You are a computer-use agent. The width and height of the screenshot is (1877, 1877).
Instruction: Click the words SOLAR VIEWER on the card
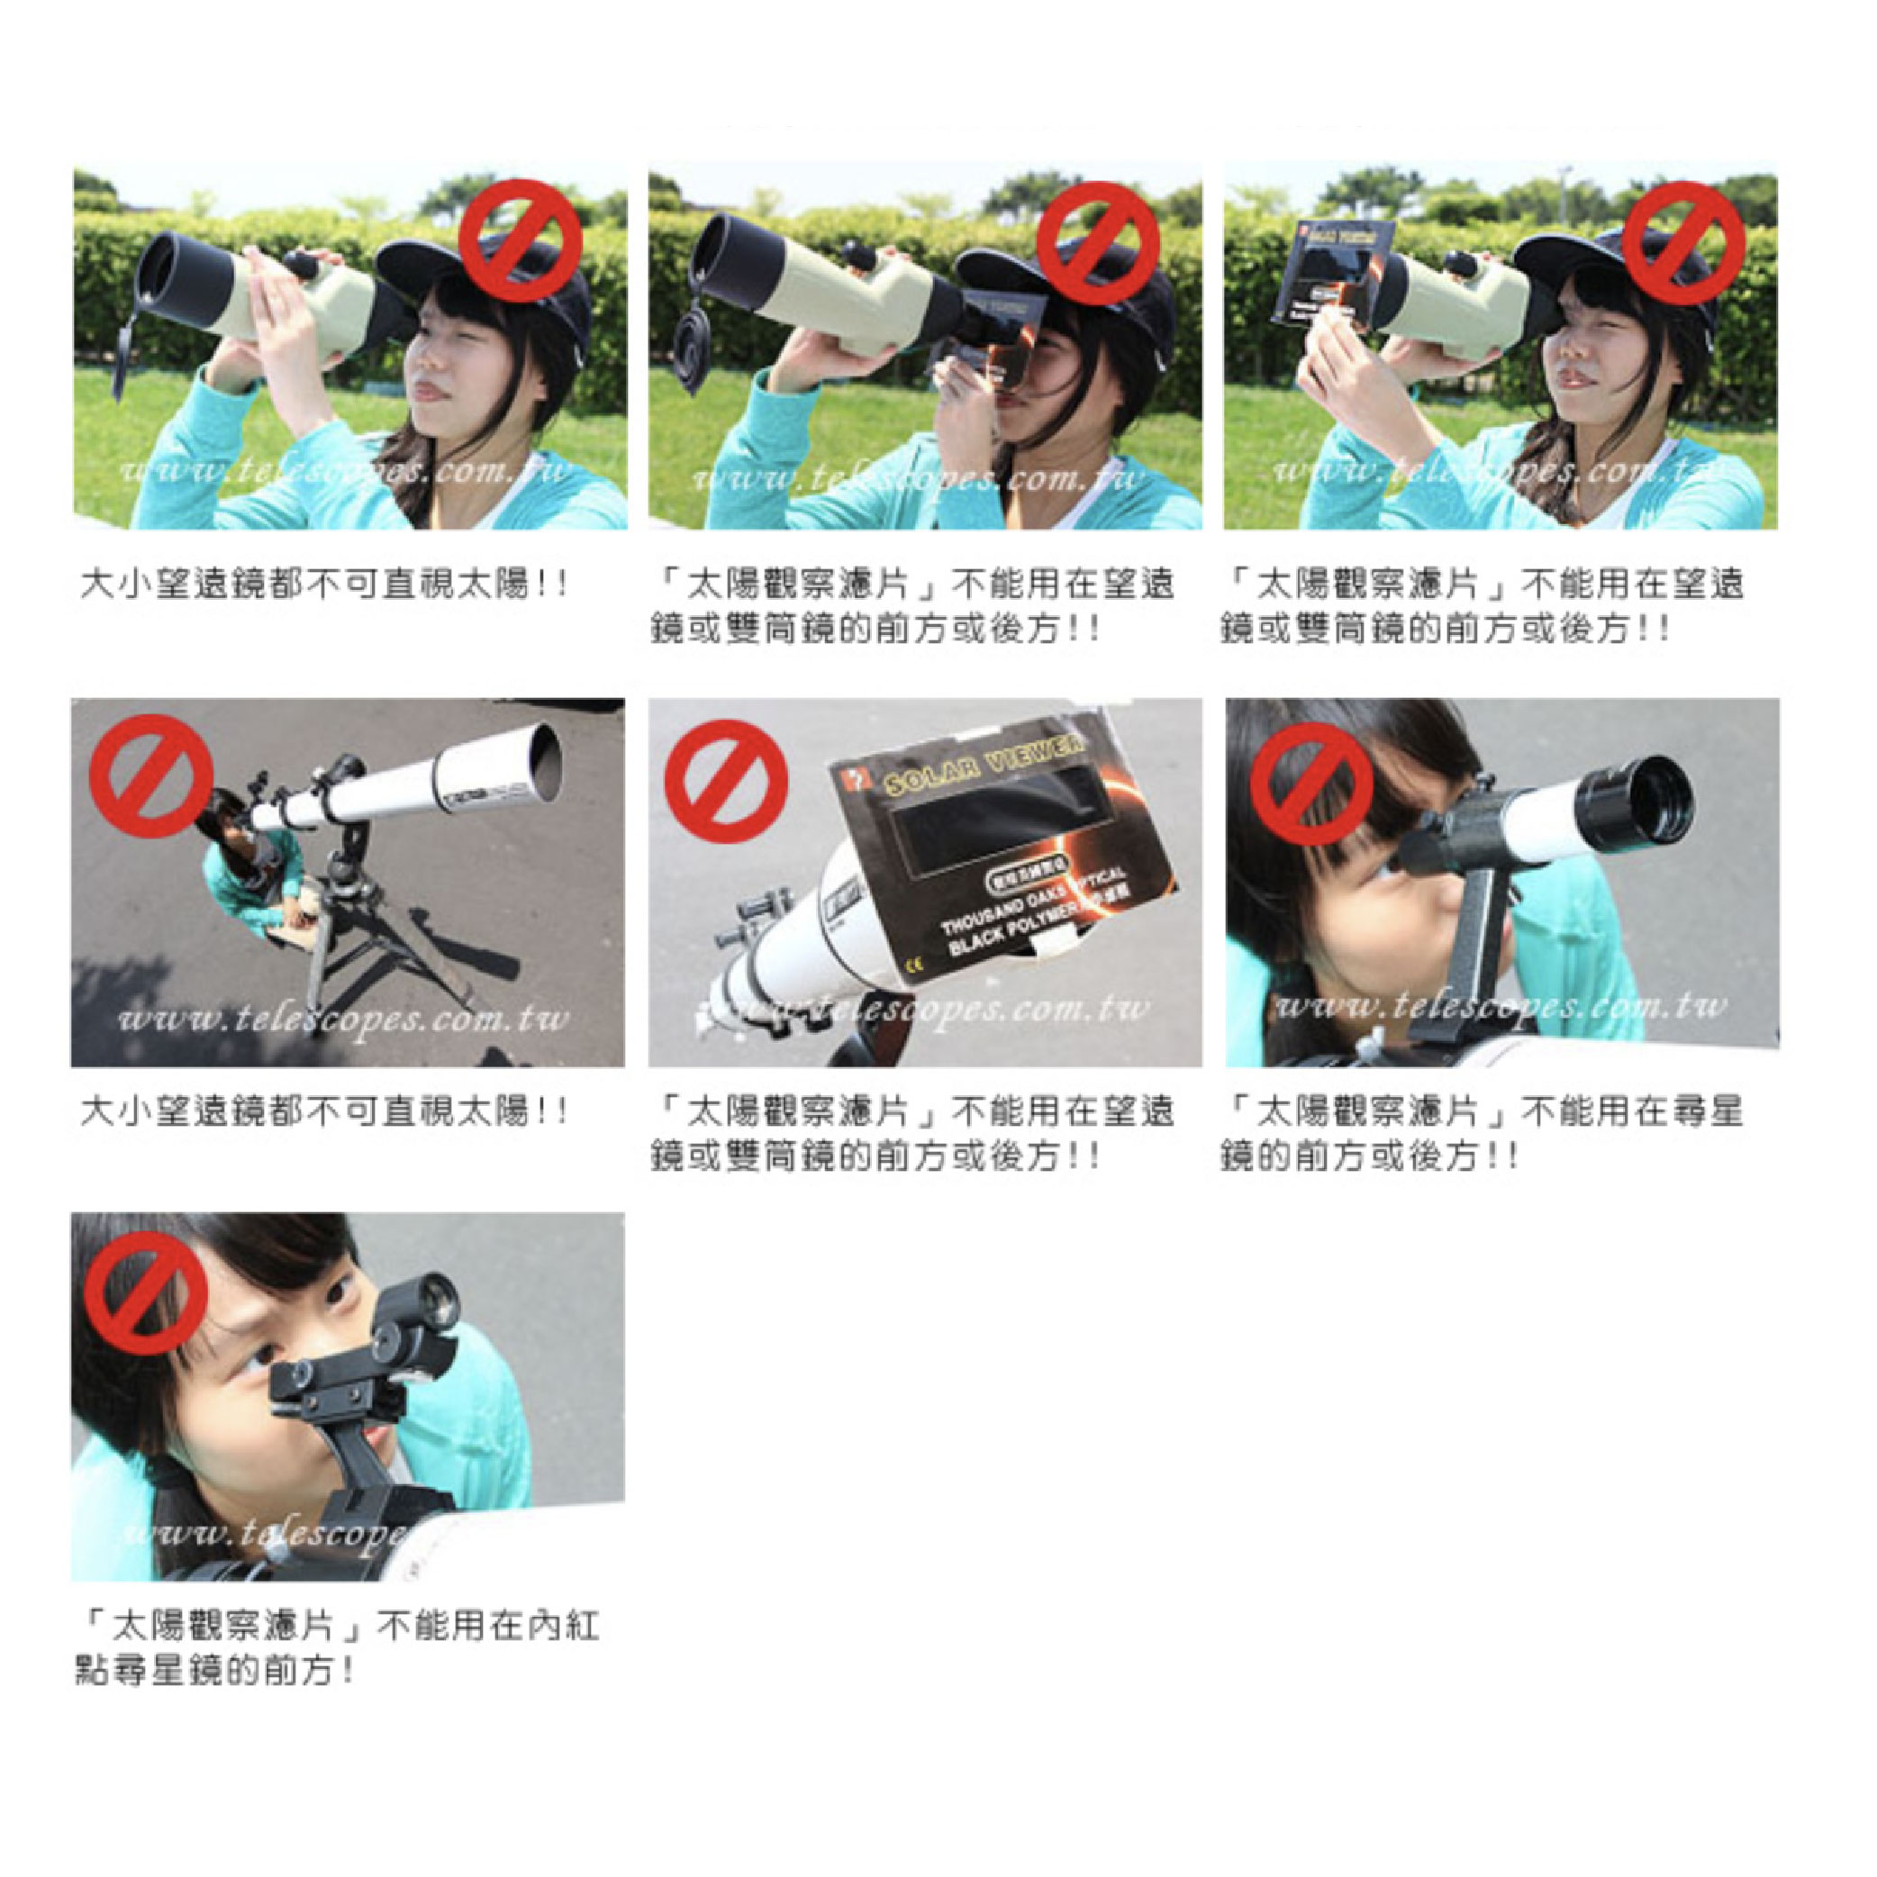(x=984, y=764)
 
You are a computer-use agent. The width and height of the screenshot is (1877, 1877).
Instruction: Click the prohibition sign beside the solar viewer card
(x=726, y=781)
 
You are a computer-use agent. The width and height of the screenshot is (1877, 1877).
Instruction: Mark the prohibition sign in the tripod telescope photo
(x=150, y=775)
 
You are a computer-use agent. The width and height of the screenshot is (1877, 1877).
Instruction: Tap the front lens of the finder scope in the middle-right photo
(x=1655, y=802)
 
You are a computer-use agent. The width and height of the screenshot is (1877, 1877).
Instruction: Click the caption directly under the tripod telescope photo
(x=322, y=1111)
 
